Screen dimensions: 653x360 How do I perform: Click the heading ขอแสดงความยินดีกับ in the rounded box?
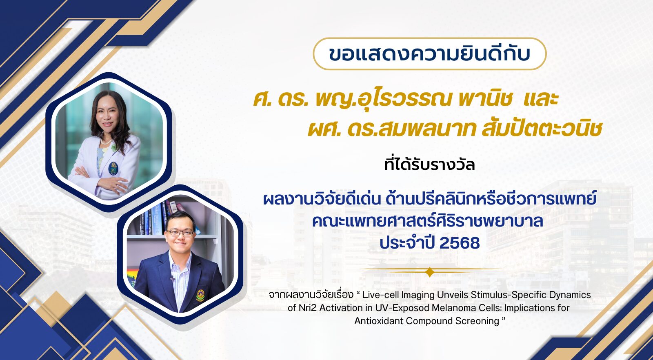(x=429, y=54)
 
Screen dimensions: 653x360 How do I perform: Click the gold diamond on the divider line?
(x=430, y=272)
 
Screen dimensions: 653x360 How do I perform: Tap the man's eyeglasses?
(x=180, y=233)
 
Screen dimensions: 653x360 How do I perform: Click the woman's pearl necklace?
(x=106, y=142)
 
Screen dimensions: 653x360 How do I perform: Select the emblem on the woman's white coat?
(x=113, y=168)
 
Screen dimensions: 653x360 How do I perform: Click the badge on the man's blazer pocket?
(x=200, y=295)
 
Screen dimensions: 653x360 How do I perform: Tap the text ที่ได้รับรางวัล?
(x=429, y=164)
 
